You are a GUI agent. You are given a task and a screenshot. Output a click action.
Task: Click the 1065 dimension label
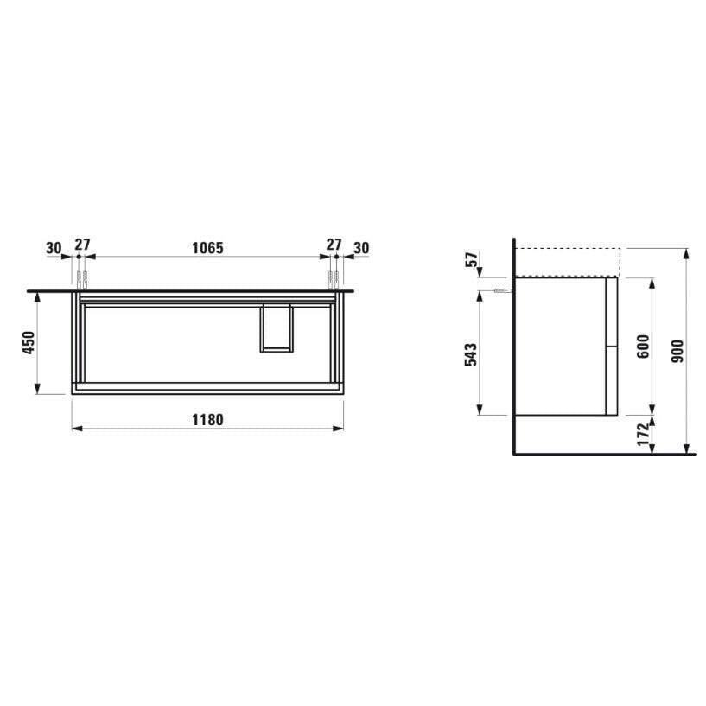[207, 248]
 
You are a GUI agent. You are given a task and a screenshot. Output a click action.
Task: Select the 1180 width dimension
[207, 420]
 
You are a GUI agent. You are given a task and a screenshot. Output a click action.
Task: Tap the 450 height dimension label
[29, 343]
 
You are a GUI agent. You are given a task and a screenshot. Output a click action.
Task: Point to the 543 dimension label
[470, 354]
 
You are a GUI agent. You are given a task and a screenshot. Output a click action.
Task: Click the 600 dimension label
[644, 347]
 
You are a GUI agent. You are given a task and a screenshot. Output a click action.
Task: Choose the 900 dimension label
[677, 351]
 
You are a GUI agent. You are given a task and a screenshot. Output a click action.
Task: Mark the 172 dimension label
[644, 435]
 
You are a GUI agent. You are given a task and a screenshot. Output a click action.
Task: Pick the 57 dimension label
[471, 259]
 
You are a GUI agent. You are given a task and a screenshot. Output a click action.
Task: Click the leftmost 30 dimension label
[54, 248]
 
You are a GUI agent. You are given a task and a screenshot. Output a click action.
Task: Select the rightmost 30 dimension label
[361, 248]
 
